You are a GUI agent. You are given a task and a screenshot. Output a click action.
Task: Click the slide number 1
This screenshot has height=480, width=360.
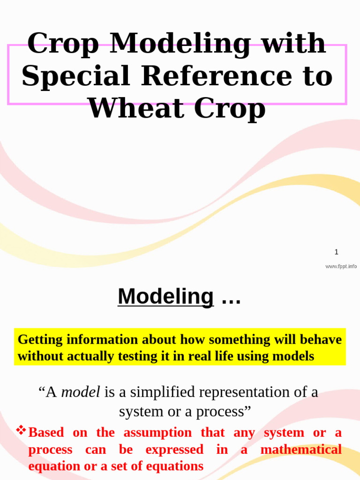pyautogui.click(x=337, y=252)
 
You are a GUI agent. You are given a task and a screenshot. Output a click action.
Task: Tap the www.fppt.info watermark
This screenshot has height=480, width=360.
pyautogui.click(x=341, y=266)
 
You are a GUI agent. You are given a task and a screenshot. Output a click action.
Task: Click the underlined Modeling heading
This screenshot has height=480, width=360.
pyautogui.click(x=165, y=296)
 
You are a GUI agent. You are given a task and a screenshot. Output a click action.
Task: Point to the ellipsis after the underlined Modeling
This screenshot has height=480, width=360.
pyautogui.click(x=231, y=301)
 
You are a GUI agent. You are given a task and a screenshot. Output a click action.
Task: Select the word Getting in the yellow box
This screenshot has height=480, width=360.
pyautogui.click(x=40, y=340)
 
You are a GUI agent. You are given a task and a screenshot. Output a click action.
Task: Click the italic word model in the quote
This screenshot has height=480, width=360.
pyautogui.click(x=81, y=392)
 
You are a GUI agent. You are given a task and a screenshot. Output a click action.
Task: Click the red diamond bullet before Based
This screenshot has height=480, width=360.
pyautogui.click(x=21, y=430)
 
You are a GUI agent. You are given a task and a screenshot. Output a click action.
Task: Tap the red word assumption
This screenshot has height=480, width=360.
pyautogui.click(x=157, y=433)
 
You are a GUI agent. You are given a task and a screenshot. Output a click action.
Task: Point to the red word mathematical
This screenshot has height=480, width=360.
pyautogui.click(x=301, y=450)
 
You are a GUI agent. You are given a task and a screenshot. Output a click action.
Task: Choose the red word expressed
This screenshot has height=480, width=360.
pyautogui.click(x=174, y=450)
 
